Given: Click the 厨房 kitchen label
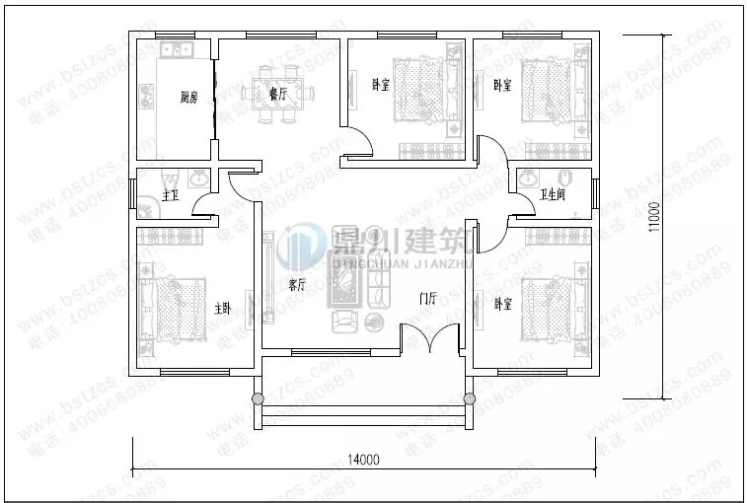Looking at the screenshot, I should (x=189, y=98).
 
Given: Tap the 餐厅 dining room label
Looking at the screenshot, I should (x=277, y=95).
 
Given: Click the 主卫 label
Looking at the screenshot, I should (x=170, y=195).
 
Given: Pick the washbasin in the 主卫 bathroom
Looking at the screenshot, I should (x=199, y=179).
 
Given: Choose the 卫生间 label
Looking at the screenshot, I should (x=552, y=194).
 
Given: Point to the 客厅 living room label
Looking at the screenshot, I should (x=297, y=285).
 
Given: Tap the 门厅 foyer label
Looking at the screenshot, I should (x=427, y=297).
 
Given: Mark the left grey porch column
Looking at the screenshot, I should (x=259, y=399).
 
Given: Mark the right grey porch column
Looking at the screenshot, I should (x=469, y=399).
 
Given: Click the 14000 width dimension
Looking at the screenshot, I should (x=363, y=460).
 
